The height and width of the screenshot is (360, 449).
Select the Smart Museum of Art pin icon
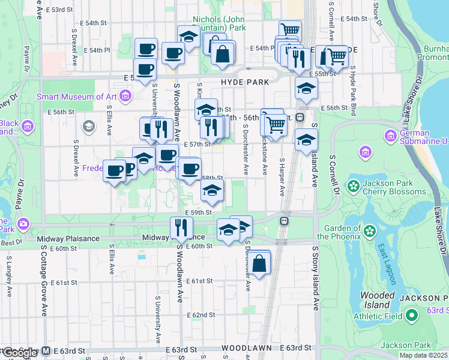coord(125,96)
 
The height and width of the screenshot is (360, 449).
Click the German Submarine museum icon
coord(391,136)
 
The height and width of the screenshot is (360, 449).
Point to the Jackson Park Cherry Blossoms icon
coord(354,187)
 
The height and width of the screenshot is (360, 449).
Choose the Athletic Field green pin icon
coord(412,314)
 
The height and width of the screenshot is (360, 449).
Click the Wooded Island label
coord(377,300)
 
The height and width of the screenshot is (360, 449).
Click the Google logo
coord(20,353)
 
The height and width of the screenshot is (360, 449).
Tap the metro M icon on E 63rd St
coord(46,350)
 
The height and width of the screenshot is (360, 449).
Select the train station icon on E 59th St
coord(283,221)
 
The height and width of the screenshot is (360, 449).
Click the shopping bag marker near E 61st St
coord(259,264)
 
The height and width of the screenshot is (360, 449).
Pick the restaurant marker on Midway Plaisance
coord(181,227)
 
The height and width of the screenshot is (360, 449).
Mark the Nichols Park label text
coord(220,23)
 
